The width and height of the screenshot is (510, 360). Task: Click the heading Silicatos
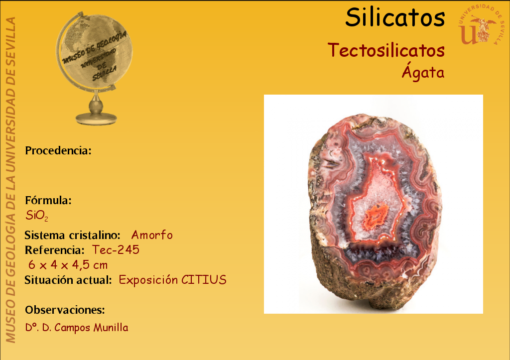pyautogui.click(x=395, y=17)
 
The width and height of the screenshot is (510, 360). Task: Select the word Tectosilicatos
pyautogui.click(x=386, y=50)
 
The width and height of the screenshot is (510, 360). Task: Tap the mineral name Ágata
pyautogui.click(x=423, y=72)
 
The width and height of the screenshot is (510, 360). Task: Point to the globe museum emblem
pyautogui.click(x=95, y=68)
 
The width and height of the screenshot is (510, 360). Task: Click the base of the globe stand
pyautogui.click(x=96, y=119)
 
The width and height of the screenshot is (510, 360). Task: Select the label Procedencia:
pyautogui.click(x=58, y=150)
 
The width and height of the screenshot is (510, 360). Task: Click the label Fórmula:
pyautogui.click(x=48, y=200)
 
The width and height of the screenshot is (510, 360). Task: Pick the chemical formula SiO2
pyautogui.click(x=37, y=216)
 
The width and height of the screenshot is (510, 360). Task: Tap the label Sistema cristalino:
pyautogui.click(x=73, y=235)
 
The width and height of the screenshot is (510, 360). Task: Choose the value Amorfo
pyautogui.click(x=152, y=235)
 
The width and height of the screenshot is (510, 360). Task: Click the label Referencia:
pyautogui.click(x=55, y=250)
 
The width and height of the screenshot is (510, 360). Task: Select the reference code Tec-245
pyautogui.click(x=116, y=250)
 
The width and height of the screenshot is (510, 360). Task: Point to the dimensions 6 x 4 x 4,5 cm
pyautogui.click(x=68, y=265)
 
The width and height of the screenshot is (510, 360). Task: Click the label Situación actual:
pyautogui.click(x=68, y=280)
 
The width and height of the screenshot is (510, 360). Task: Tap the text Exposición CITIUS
pyautogui.click(x=173, y=280)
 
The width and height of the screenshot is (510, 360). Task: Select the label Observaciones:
pyautogui.click(x=65, y=310)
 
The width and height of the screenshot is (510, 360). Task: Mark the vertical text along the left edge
pyautogui.click(x=11, y=180)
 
